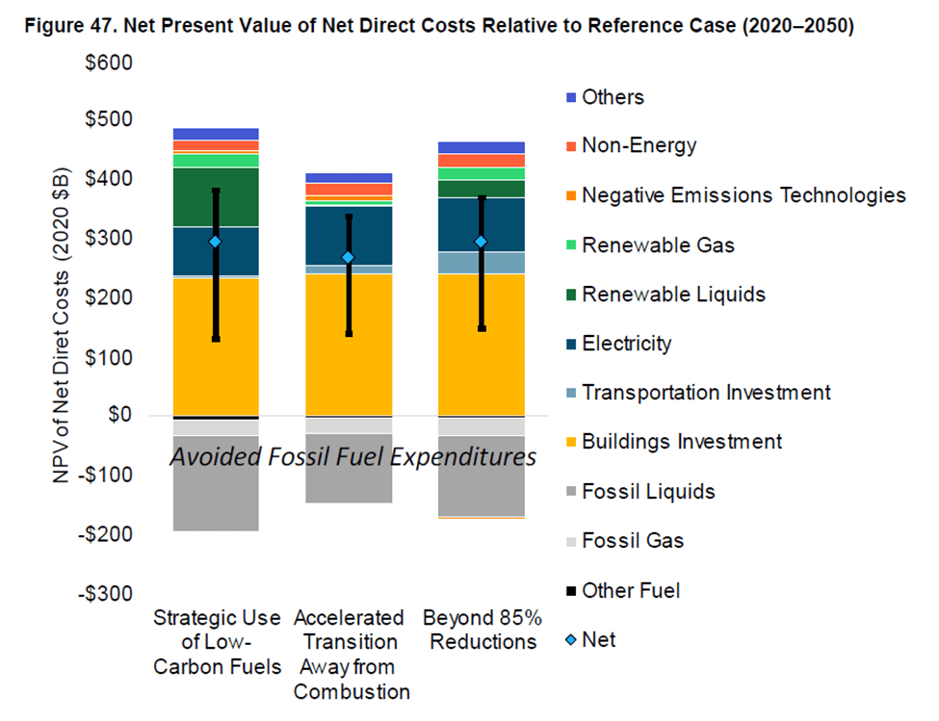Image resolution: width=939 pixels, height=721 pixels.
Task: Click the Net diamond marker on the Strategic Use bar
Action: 216,242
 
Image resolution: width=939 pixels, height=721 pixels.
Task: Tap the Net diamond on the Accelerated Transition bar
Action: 349,257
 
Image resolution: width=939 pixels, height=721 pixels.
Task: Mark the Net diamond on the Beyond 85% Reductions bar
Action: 481,242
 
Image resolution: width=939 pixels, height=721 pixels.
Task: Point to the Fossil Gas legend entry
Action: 633,540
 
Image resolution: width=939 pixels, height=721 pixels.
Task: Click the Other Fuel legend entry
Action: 630,590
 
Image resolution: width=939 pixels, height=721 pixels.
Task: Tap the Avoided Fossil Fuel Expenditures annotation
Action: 352,458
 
